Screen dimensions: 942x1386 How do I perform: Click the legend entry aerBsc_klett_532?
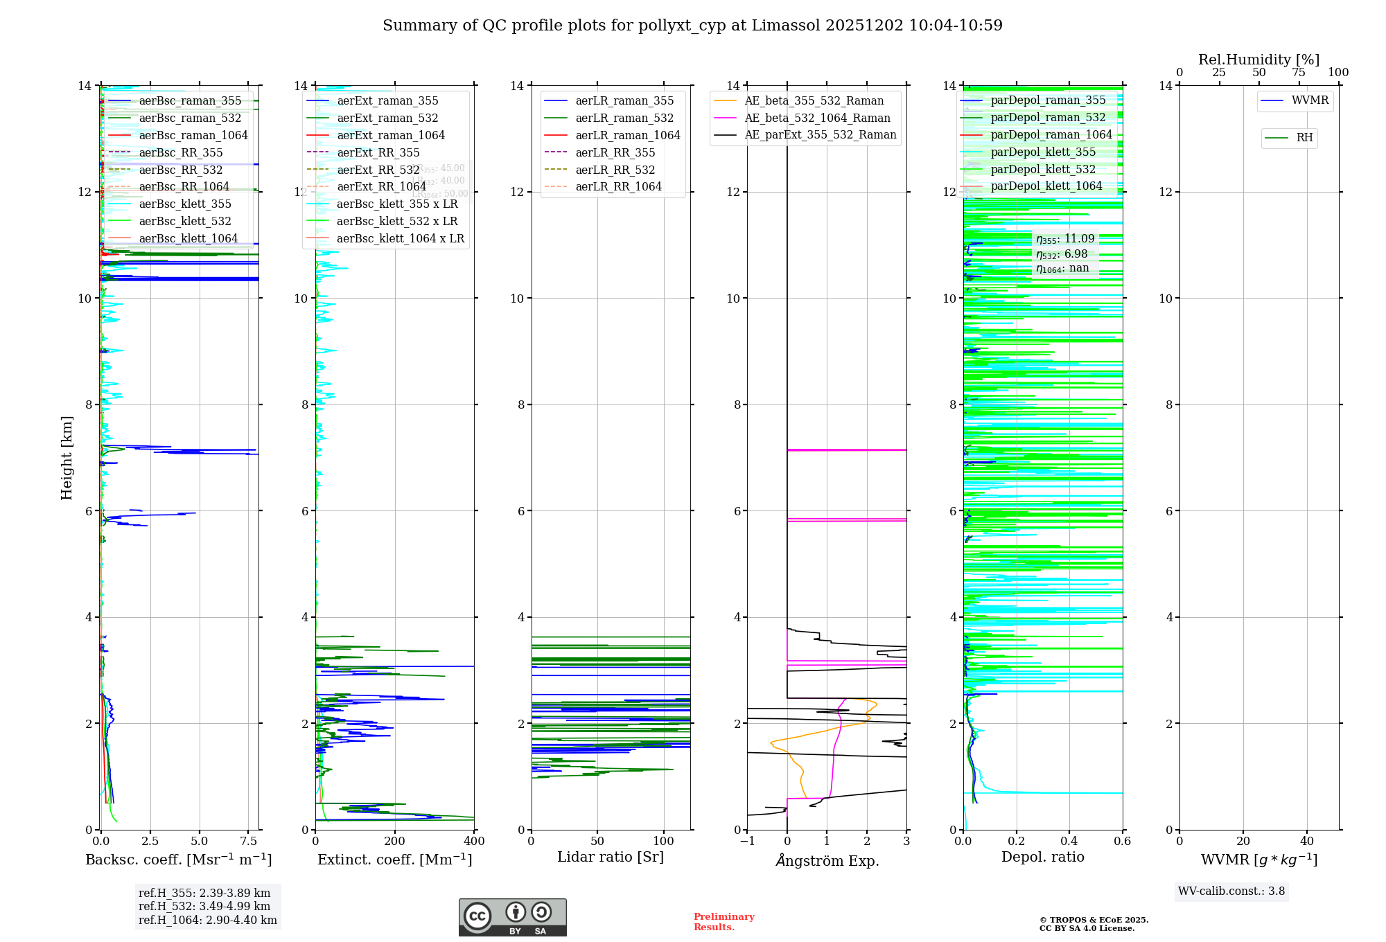pos(184,221)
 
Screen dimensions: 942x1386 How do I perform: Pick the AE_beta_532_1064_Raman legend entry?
pos(817,118)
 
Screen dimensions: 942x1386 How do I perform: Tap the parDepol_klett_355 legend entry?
pos(1043,152)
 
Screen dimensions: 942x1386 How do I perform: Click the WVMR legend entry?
pos(1310,100)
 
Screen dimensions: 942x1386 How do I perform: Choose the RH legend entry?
pos(1304,138)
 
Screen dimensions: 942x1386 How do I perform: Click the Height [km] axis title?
pos(67,458)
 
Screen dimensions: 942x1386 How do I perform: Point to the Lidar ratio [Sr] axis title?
pos(611,857)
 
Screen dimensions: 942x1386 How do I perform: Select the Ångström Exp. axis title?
pos(827,860)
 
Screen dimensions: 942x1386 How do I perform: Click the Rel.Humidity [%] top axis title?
pos(1258,60)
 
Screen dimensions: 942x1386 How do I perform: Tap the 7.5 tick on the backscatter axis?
pos(249,842)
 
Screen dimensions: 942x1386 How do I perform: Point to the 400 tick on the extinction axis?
pos(474,842)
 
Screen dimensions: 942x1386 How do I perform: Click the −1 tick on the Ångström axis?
pos(747,842)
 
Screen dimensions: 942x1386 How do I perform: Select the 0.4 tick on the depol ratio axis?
pos(1069,842)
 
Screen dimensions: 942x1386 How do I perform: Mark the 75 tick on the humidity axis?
pos(1299,73)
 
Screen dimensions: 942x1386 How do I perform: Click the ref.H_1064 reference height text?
pos(207,921)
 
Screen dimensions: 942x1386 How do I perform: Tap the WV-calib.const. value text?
pos(1231,891)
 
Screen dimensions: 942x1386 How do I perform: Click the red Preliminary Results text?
pos(723,922)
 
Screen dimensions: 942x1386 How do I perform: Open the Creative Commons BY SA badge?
pos(512,918)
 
